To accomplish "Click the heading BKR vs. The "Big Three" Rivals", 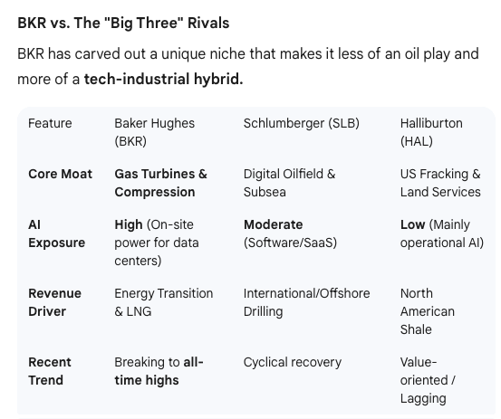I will (123, 22).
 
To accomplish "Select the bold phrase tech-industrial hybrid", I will (163, 80).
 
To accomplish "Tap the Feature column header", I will (50, 123).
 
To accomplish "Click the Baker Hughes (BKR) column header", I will (154, 132).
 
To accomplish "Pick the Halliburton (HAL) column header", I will (431, 132).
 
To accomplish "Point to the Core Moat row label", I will (60, 174).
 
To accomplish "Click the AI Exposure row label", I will (56, 233).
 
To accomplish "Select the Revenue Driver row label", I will (54, 302).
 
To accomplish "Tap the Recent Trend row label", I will (50, 371).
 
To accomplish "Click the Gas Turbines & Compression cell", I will (160, 183).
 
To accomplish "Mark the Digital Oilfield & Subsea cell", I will (289, 183).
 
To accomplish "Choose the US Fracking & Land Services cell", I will (440, 183).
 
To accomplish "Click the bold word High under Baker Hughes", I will (129, 224).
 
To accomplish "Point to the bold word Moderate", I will (273, 224).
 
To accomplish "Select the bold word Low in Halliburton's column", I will (412, 224).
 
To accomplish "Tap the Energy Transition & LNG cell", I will (163, 302).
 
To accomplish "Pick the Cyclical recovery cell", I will (292, 362).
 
